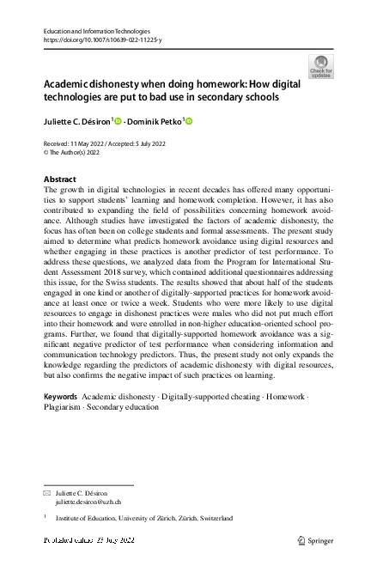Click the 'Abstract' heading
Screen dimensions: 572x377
(60, 179)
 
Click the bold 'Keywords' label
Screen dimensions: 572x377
(59, 421)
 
